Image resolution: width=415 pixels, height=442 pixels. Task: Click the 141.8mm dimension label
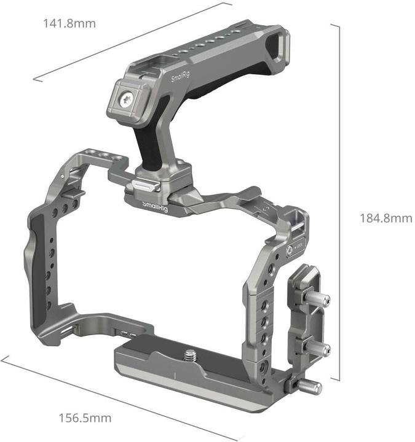(69, 23)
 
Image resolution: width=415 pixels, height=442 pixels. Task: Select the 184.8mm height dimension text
(385, 218)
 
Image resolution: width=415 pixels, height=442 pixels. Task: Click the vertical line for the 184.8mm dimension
(339, 203)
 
